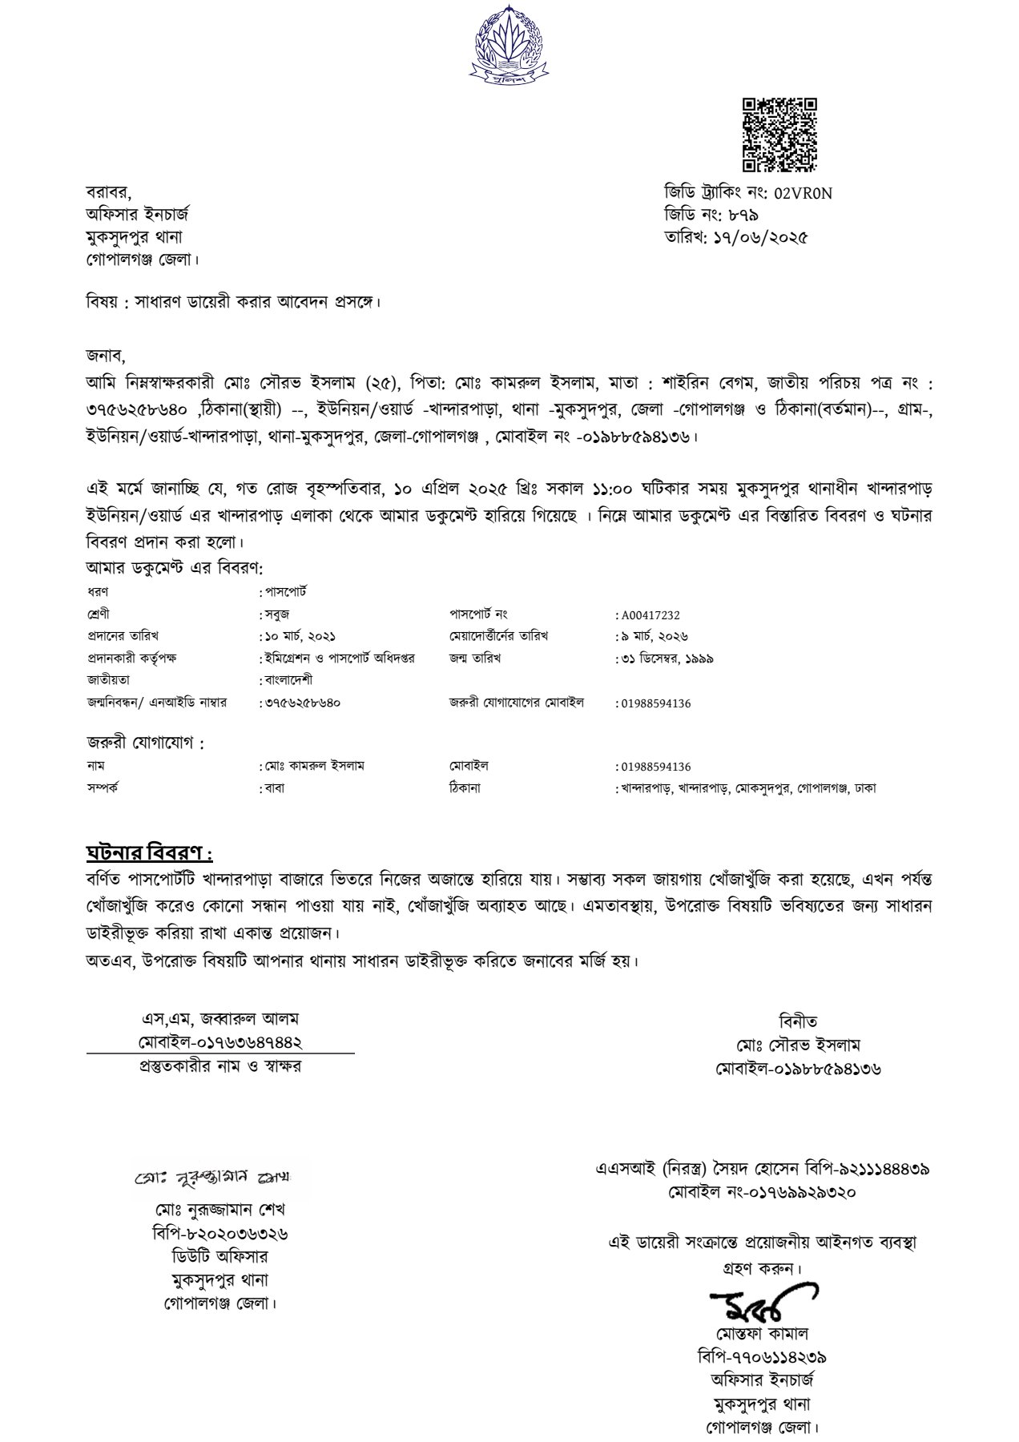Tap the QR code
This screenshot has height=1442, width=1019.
click(x=778, y=134)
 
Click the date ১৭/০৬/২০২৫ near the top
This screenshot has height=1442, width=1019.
click(x=759, y=238)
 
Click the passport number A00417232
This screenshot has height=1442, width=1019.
click(x=650, y=615)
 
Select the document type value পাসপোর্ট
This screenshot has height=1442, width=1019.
click(x=287, y=593)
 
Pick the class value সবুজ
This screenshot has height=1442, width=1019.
click(x=277, y=615)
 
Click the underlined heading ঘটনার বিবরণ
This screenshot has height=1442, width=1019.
click(x=149, y=851)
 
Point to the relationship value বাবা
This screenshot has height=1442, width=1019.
click(x=274, y=788)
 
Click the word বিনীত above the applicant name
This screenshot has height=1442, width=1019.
click(x=798, y=1022)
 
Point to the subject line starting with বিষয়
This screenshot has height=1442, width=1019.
click(x=233, y=303)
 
